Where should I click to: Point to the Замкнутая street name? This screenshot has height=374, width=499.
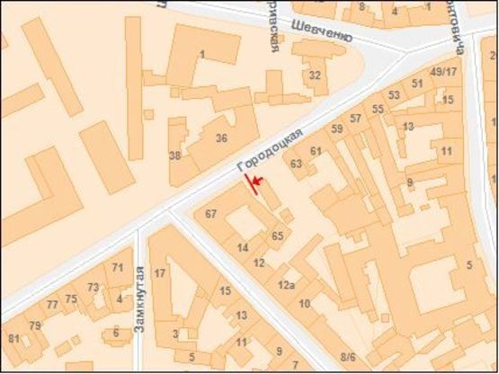(139, 299)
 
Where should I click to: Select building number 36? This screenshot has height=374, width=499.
(220, 138)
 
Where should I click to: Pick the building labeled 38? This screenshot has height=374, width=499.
(174, 156)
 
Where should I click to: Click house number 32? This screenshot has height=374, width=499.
(315, 76)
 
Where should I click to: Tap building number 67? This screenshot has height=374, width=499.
(211, 214)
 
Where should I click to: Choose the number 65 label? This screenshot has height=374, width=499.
(277, 236)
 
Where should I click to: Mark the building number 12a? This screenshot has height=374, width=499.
(286, 285)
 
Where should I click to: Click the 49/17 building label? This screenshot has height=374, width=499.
(444, 72)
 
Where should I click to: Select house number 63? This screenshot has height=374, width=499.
(296, 164)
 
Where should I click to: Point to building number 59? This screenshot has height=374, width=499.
(337, 129)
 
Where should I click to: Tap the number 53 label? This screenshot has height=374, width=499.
(394, 95)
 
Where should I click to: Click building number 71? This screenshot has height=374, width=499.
(118, 268)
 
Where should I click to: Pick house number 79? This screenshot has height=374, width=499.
(35, 325)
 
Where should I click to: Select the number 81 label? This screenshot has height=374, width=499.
(13, 338)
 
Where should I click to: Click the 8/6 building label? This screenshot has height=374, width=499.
(347, 357)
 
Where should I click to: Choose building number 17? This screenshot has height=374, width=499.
(160, 273)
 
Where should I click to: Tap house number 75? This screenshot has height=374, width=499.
(71, 299)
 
